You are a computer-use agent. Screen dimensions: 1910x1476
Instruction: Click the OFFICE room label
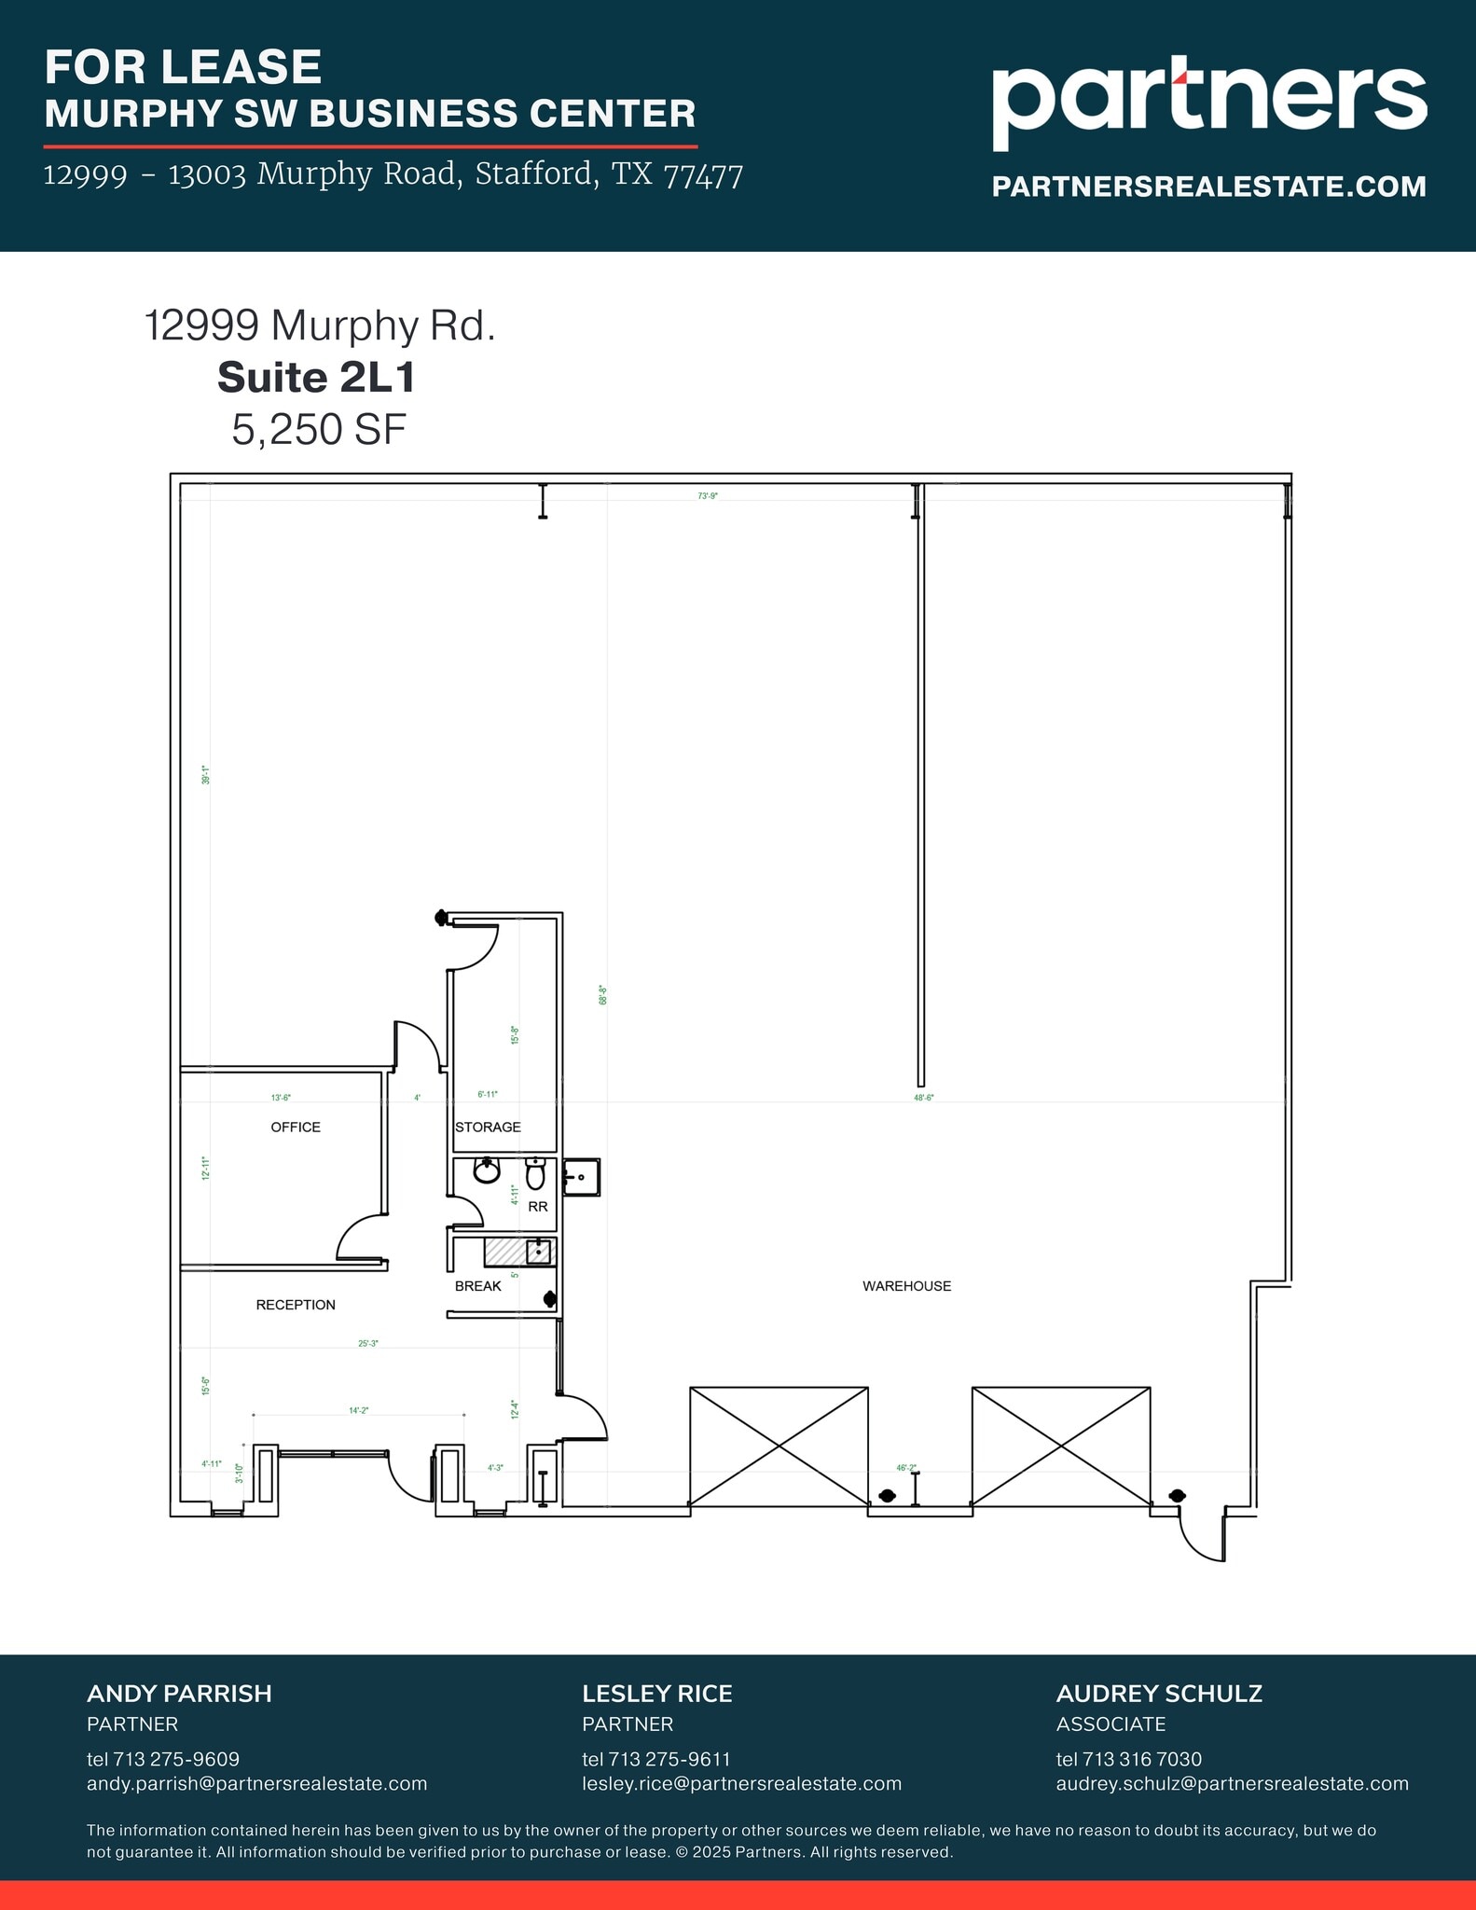(x=296, y=1128)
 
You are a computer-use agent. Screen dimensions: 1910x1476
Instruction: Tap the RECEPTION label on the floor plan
(x=296, y=1305)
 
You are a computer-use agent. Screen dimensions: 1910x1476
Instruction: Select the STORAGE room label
(x=488, y=1128)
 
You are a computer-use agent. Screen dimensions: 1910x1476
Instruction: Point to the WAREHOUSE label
(x=906, y=1286)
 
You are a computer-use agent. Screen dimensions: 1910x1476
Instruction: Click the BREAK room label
(x=477, y=1286)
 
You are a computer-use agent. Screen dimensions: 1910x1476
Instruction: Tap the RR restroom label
(x=538, y=1206)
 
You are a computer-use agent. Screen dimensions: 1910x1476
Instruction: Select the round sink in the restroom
(x=487, y=1170)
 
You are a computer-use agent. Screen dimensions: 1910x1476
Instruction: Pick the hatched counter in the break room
(x=504, y=1252)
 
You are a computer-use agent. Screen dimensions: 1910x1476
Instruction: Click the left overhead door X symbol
(x=779, y=1446)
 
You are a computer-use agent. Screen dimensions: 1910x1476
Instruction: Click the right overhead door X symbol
(x=1061, y=1446)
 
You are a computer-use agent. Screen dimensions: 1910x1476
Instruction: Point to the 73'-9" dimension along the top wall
(x=708, y=496)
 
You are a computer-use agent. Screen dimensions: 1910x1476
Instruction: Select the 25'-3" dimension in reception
(x=368, y=1344)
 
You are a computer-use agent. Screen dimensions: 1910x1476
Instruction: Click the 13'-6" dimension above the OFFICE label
(x=281, y=1098)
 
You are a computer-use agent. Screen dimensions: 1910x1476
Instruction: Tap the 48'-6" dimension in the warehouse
(x=924, y=1098)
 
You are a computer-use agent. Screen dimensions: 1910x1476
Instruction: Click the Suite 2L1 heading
(x=316, y=378)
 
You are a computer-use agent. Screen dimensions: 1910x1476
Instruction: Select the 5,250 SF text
(x=319, y=430)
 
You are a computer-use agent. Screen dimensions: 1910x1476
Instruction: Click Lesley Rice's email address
(x=741, y=1783)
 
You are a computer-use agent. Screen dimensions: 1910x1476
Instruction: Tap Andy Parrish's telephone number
(x=163, y=1759)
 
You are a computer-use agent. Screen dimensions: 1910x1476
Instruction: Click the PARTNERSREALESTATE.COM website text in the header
(x=1208, y=187)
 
